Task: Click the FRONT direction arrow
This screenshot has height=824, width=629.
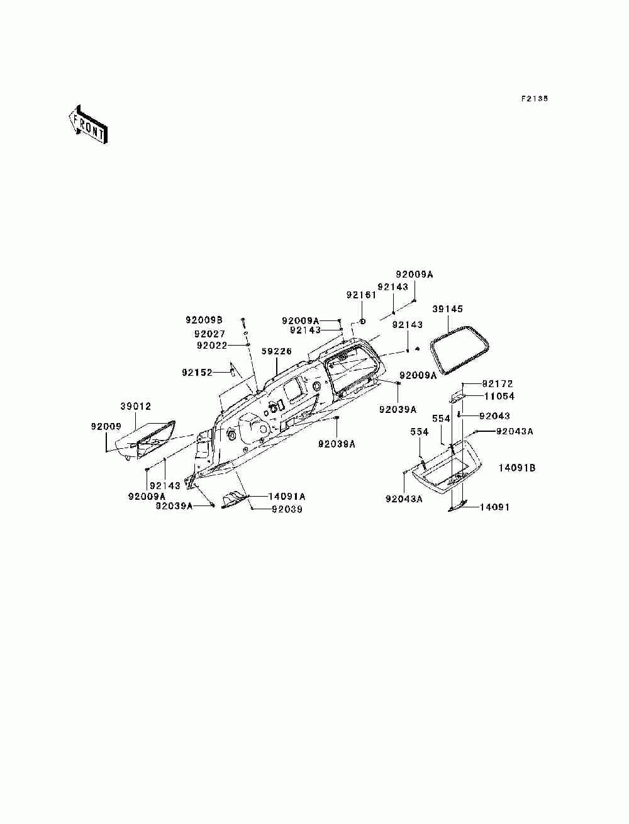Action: [87, 124]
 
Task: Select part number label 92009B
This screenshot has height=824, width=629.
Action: [203, 320]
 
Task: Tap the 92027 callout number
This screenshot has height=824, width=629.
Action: [210, 334]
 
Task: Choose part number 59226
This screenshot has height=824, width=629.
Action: [277, 352]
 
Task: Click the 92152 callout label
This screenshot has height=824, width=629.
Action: [198, 372]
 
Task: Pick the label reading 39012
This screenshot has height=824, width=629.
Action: [136, 407]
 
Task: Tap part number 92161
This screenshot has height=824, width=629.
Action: [361, 295]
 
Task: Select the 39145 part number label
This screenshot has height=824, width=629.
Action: [448, 309]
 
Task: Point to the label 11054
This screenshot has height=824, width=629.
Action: [499, 396]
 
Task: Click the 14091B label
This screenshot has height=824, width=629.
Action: [517, 468]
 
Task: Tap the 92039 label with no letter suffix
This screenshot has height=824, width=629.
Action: [287, 509]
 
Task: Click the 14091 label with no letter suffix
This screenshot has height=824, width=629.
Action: [494, 507]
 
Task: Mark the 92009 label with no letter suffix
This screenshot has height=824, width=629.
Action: [106, 426]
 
